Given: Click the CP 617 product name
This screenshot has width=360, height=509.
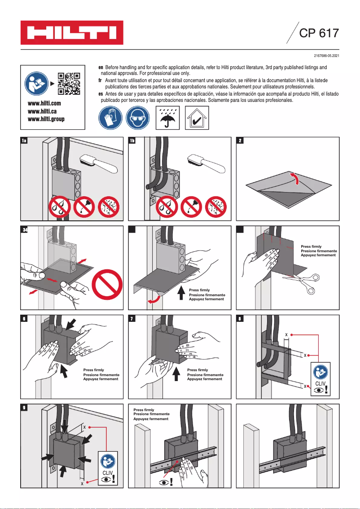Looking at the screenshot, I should pyautogui.click(x=319, y=33).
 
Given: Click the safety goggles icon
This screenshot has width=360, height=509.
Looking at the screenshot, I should pyautogui.click(x=137, y=118).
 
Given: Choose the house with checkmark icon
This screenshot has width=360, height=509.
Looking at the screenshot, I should pyautogui.click(x=196, y=118).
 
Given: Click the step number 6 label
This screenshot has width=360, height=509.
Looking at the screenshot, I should pyautogui.click(x=25, y=319).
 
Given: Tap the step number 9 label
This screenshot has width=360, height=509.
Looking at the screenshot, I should pyautogui.click(x=25, y=407).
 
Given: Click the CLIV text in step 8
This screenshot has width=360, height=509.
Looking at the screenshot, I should pyautogui.click(x=320, y=383).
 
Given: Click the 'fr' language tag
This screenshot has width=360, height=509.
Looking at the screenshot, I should pyautogui.click(x=101, y=79).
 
